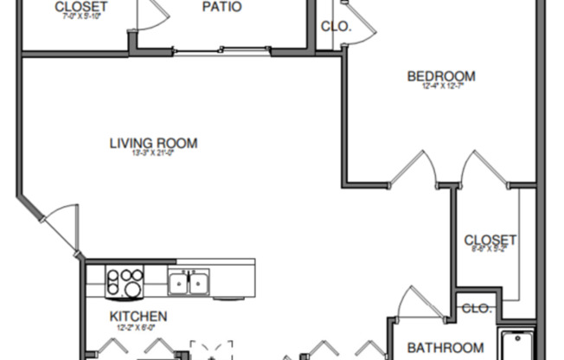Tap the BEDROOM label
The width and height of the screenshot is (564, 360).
(441, 76)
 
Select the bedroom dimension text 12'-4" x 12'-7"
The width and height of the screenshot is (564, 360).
(441, 87)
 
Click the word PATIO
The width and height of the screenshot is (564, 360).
(221, 7)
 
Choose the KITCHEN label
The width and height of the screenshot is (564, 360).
(138, 317)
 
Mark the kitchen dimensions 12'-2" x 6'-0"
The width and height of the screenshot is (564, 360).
(138, 328)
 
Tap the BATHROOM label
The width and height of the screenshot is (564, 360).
(445, 348)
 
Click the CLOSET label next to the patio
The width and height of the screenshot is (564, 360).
(81, 7)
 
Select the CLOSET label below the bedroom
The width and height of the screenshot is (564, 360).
(490, 240)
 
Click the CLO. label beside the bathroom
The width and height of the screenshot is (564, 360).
(476, 308)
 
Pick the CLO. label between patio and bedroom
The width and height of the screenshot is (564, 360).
(336, 27)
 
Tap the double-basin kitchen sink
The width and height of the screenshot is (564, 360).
(189, 281)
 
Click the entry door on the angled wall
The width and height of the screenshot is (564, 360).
(59, 227)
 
